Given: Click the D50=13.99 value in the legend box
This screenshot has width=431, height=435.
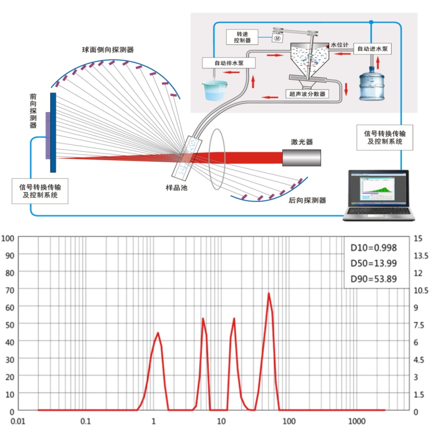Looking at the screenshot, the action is [373, 263].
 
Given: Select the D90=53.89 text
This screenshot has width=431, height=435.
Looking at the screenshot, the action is [373, 279].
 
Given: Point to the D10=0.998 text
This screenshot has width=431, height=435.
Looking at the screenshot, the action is [373, 247].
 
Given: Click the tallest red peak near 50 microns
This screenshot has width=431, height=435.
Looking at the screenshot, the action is [269, 293].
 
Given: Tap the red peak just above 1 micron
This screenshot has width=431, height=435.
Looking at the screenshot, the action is [158, 333].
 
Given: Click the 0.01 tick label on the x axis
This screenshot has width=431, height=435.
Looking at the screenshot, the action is [18, 421].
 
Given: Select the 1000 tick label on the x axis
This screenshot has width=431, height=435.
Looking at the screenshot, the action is [357, 421].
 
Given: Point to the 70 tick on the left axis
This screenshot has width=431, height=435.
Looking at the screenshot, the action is [10, 290].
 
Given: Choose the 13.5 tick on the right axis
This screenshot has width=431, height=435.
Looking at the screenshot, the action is [421, 255].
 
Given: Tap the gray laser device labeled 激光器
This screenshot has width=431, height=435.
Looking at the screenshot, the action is [301, 158].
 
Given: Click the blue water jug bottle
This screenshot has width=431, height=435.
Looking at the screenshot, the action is [372, 83].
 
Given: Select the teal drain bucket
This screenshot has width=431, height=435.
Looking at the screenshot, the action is [215, 90].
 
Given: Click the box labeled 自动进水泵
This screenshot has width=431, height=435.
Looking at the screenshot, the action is [372, 49].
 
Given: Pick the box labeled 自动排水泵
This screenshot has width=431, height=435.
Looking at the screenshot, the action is [229, 63].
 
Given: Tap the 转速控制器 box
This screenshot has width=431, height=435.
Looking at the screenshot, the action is [242, 37].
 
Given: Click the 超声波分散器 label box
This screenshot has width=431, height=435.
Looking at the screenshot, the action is [307, 94].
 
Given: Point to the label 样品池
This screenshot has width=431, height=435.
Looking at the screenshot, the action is [176, 188].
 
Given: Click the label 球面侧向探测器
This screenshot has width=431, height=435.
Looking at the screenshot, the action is [108, 50].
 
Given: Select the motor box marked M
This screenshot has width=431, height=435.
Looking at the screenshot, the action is [277, 38].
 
